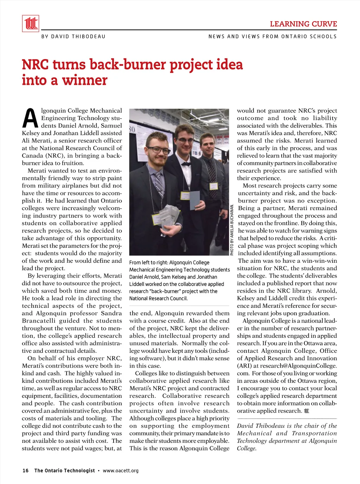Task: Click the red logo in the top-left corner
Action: pos(31,24)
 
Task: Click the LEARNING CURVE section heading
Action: pos(303,24)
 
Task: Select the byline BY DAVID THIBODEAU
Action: pos(73,37)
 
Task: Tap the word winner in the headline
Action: pos(85,80)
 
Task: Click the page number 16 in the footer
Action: pos(25,471)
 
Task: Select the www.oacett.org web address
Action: pos(121,471)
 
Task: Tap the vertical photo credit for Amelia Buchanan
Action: pos(232,229)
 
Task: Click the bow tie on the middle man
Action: pos(186,164)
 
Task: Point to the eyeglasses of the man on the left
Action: pos(159,150)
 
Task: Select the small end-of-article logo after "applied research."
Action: pos(307,411)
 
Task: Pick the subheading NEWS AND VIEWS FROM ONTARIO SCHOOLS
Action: pos(272,37)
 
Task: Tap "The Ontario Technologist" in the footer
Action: pos(64,471)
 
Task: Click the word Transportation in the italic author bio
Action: pos(314,433)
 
